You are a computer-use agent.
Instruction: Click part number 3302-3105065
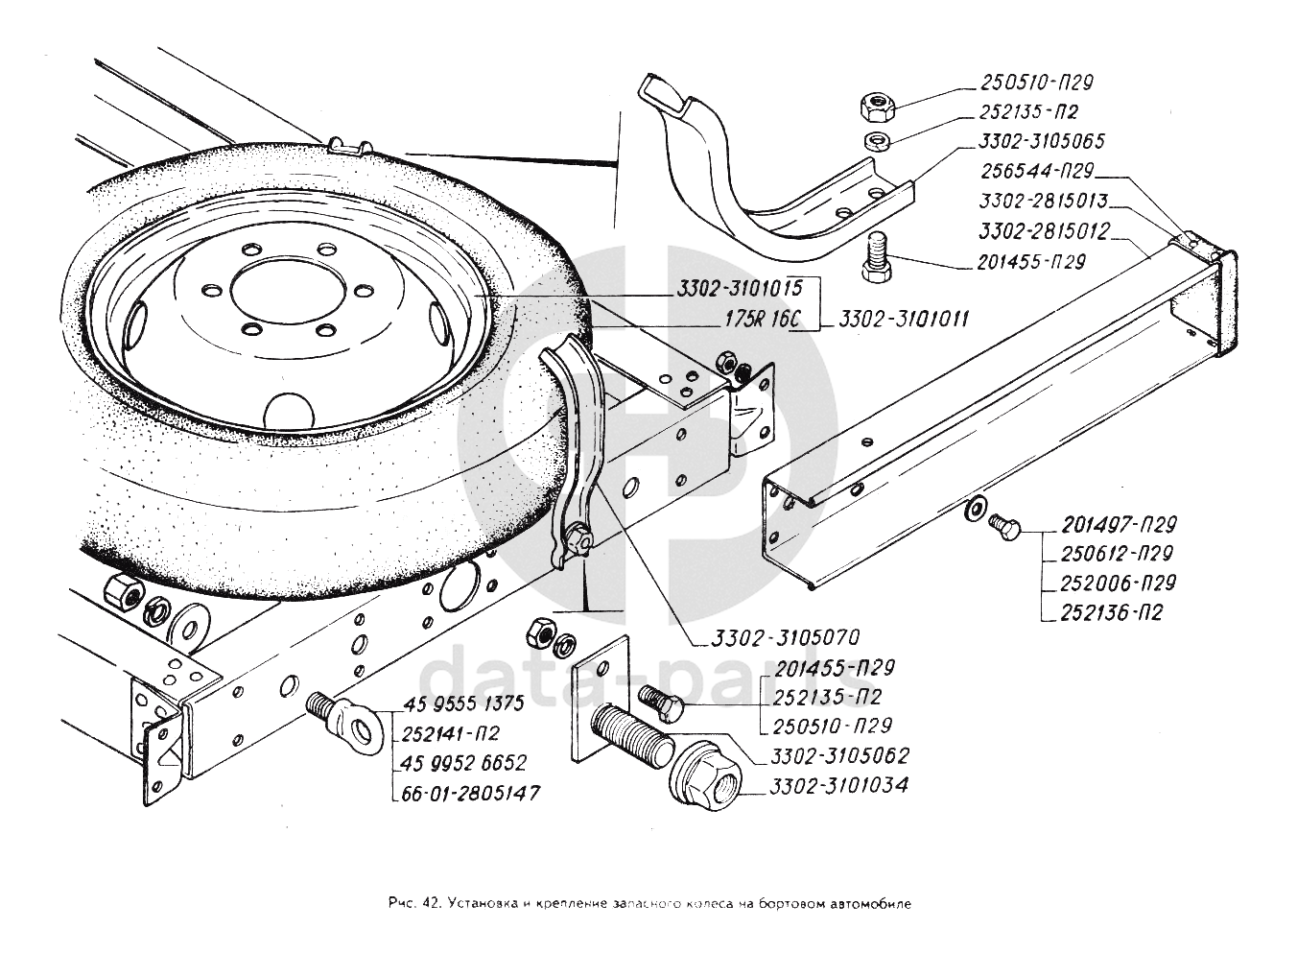click(x=1043, y=141)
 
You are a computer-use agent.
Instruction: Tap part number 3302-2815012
click(x=1045, y=231)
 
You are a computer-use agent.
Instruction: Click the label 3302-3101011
click(x=903, y=319)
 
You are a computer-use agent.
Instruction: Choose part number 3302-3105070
click(x=785, y=637)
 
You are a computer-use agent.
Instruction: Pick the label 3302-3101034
click(x=837, y=786)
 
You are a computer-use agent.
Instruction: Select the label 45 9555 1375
click(x=464, y=703)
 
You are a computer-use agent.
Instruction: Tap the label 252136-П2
click(x=1112, y=611)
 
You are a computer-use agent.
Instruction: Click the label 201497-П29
click(x=1119, y=524)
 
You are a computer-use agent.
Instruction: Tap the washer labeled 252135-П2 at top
click(x=875, y=143)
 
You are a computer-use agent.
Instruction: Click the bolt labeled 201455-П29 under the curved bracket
click(x=878, y=255)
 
